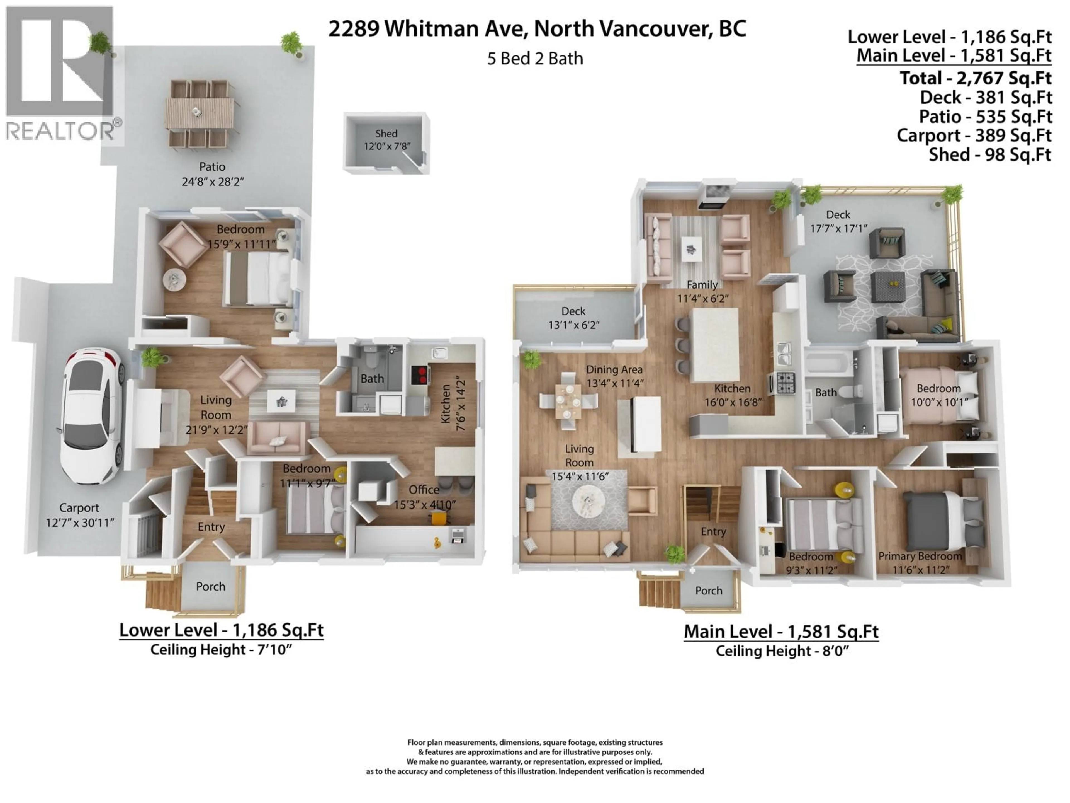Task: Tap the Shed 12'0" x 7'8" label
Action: click(x=386, y=139)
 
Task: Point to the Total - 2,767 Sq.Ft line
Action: click(x=975, y=78)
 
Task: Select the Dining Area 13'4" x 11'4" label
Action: click(x=614, y=376)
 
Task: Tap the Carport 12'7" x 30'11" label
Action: click(x=79, y=515)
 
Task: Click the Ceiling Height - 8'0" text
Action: click(x=782, y=651)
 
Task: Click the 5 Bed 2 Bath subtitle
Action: click(x=535, y=59)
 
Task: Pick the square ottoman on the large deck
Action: click(x=888, y=287)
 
